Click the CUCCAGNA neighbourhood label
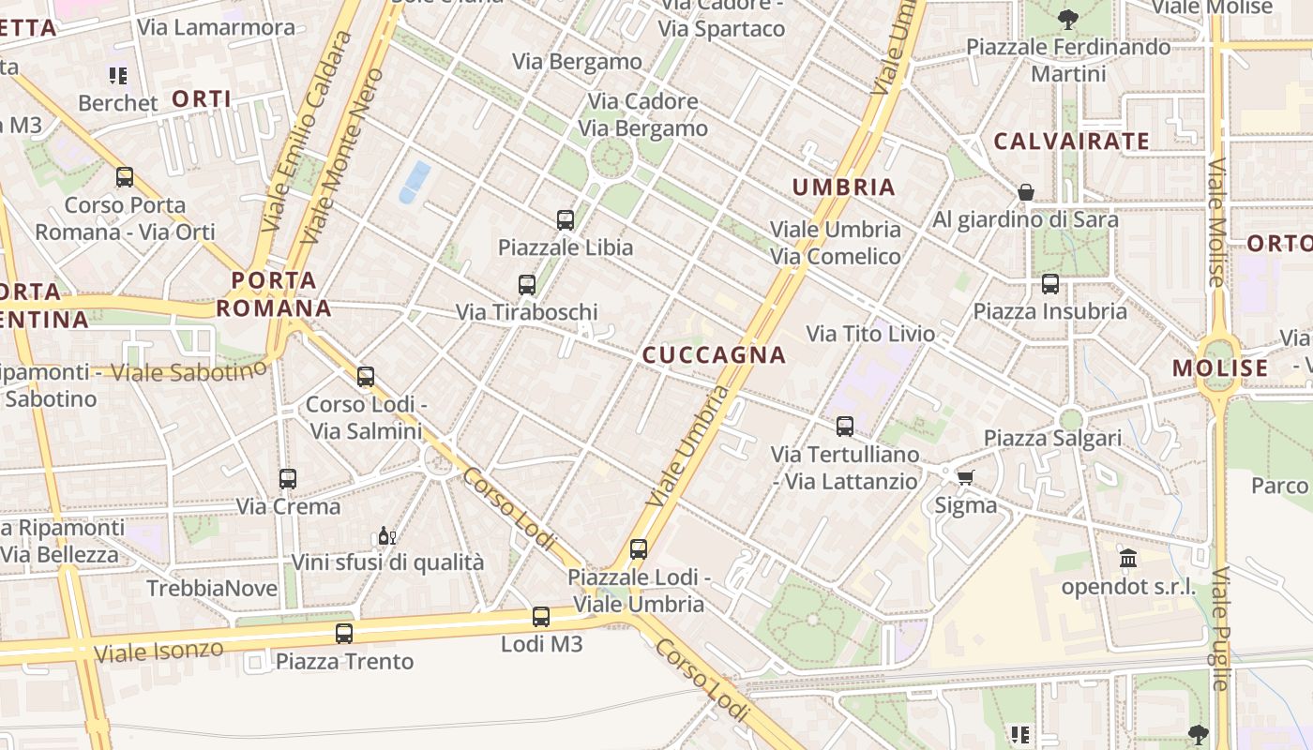714,354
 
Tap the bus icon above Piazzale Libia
566,220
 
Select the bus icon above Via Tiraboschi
527,284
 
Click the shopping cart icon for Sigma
965,477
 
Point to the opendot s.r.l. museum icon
1128,560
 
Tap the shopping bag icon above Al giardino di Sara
1026,192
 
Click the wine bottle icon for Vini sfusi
385,536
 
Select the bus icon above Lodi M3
541,617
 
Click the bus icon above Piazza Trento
344,634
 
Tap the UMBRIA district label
844,187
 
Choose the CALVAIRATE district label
1071,142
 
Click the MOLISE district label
1220,367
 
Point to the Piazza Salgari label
1052,438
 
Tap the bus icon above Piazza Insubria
1050,283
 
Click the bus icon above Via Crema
288,479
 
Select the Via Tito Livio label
870,333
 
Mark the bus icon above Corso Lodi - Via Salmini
366,377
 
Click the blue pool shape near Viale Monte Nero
415,182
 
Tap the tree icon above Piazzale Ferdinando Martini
1067,19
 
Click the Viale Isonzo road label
158,651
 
